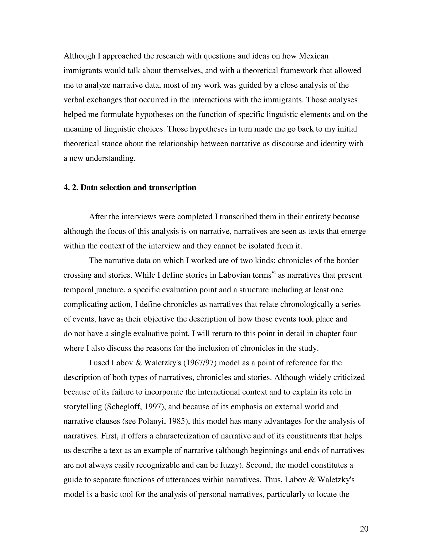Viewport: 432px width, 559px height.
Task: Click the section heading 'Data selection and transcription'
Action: (x=138, y=188)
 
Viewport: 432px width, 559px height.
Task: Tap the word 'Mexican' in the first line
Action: (x=313, y=56)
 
